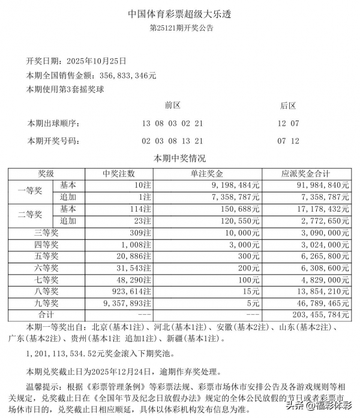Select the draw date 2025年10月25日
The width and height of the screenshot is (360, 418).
(x=98, y=61)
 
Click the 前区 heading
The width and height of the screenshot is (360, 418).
(x=173, y=106)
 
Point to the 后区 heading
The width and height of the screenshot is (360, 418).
(x=288, y=106)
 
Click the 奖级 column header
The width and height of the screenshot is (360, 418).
(x=46, y=173)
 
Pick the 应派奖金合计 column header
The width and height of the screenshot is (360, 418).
(x=307, y=173)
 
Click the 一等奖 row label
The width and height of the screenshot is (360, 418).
(x=29, y=191)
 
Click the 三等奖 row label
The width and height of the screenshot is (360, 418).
(x=46, y=231)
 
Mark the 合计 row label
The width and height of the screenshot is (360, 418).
(x=46, y=314)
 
